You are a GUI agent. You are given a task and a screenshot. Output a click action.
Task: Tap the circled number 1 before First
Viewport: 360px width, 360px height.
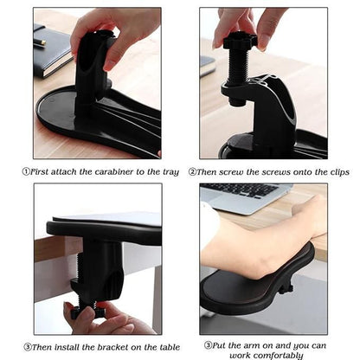click(x=26, y=172)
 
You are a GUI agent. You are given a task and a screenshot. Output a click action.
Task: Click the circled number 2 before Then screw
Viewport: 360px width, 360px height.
click(x=194, y=172)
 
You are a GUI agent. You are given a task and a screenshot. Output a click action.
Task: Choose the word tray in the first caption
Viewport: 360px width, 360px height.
click(x=170, y=172)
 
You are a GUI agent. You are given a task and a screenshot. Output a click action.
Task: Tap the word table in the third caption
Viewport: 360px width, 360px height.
click(x=164, y=347)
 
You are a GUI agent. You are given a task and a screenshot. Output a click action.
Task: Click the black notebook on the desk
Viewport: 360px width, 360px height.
click(x=50, y=51)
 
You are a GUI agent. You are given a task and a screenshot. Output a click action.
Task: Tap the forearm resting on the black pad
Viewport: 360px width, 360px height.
click(x=260, y=242)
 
